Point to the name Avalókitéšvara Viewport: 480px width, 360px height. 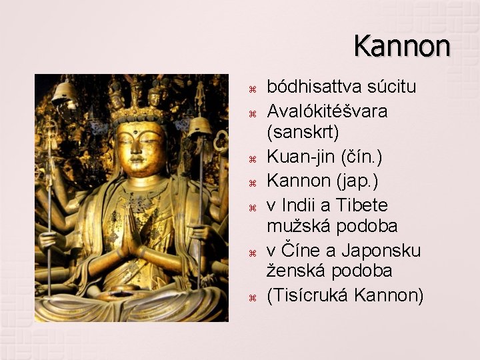(x=327, y=110)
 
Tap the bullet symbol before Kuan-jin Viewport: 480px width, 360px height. (x=251, y=158)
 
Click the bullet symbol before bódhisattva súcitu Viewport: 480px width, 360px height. (x=251, y=88)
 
